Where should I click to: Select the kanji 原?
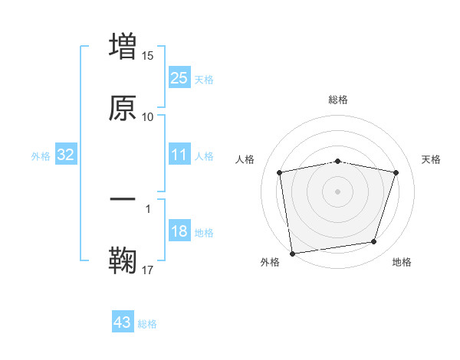pyautogui.click(x=123, y=109)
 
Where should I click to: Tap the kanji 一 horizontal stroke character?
pyautogui.click(x=123, y=200)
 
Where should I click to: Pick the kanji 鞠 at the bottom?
pyautogui.click(x=123, y=260)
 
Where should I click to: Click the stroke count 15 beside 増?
pyautogui.click(x=148, y=56)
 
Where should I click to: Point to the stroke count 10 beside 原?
pyautogui.click(x=148, y=116)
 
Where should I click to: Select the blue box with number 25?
pyautogui.click(x=179, y=78)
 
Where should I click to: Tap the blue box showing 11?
pyautogui.click(x=179, y=155)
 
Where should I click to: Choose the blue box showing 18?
pyautogui.click(x=179, y=231)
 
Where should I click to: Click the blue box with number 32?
pyautogui.click(x=66, y=155)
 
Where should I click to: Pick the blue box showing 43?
pyautogui.click(x=123, y=322)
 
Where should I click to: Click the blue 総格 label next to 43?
pyautogui.click(x=147, y=324)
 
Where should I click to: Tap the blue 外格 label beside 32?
pyautogui.click(x=41, y=156)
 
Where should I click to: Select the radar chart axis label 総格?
pyautogui.click(x=337, y=100)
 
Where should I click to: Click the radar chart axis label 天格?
pyautogui.click(x=432, y=159)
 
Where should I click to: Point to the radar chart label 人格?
pyautogui.click(x=245, y=159)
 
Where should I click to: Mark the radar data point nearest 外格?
pyautogui.click(x=292, y=252)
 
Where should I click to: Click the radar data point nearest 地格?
pyautogui.click(x=374, y=242)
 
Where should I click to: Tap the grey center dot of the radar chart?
pyautogui.click(x=337, y=191)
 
